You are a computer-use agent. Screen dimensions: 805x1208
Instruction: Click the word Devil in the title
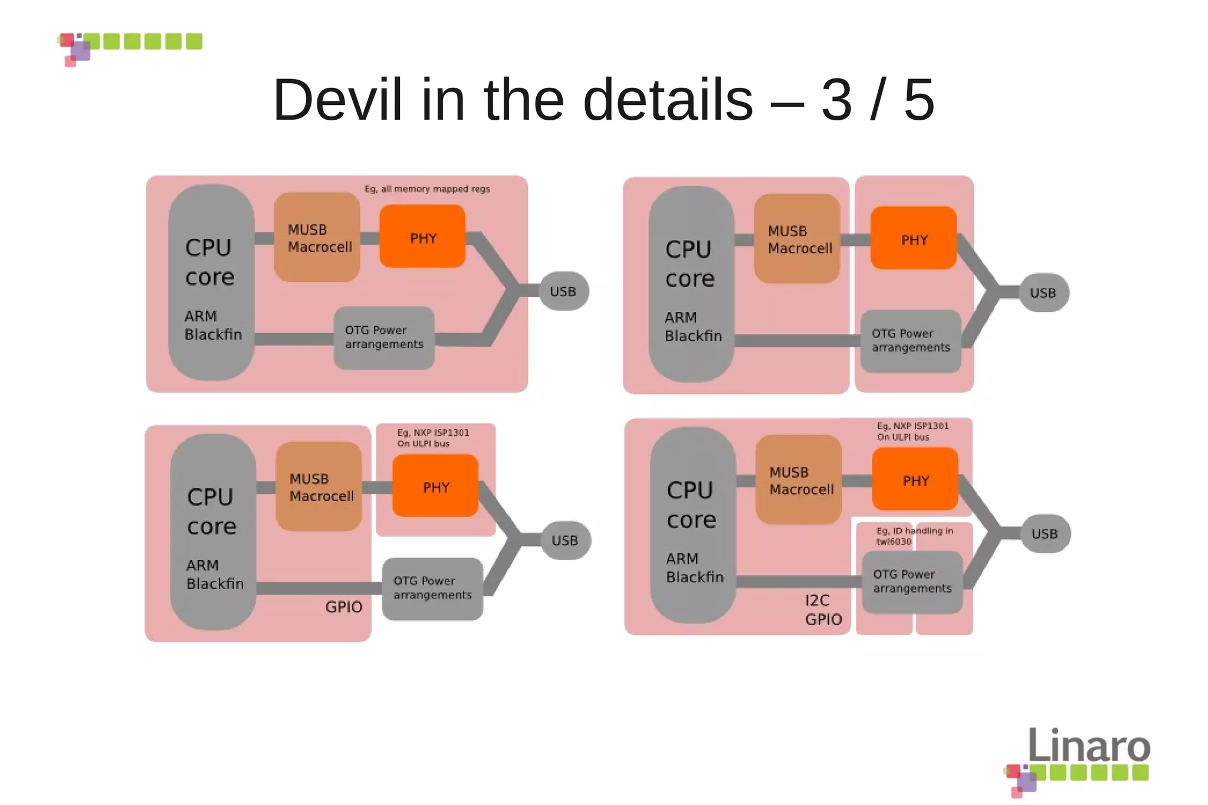point(337,100)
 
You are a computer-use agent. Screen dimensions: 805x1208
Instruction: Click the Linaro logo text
point(1089,745)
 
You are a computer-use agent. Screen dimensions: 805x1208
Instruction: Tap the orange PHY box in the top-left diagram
point(422,237)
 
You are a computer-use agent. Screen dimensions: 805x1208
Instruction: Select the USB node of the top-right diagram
point(1043,293)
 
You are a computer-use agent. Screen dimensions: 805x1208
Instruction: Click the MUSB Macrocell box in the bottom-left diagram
point(319,487)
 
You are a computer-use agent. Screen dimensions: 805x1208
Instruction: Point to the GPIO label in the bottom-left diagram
point(344,607)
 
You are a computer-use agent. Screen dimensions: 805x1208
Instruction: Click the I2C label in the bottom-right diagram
point(817,600)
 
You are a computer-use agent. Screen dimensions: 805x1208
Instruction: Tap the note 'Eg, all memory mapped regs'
point(427,189)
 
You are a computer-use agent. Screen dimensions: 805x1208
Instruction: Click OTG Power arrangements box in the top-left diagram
point(384,338)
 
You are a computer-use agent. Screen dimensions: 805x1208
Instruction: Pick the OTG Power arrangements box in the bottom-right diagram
point(912,582)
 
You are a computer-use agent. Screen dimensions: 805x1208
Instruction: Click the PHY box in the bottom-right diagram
point(915,480)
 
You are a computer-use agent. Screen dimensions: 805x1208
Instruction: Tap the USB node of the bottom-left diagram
point(564,540)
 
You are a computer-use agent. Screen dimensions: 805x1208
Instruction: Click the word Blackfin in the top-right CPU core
point(693,336)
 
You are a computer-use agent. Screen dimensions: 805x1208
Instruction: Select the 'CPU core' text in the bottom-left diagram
point(211,511)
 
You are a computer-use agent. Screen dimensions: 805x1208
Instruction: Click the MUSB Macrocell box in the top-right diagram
point(797,239)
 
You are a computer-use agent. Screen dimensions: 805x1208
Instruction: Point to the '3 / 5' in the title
point(877,100)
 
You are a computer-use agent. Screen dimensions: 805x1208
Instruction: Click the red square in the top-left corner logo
point(67,40)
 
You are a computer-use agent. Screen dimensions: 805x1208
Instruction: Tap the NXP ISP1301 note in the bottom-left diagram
point(433,438)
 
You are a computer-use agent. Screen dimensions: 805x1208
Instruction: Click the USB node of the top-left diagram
point(563,291)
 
